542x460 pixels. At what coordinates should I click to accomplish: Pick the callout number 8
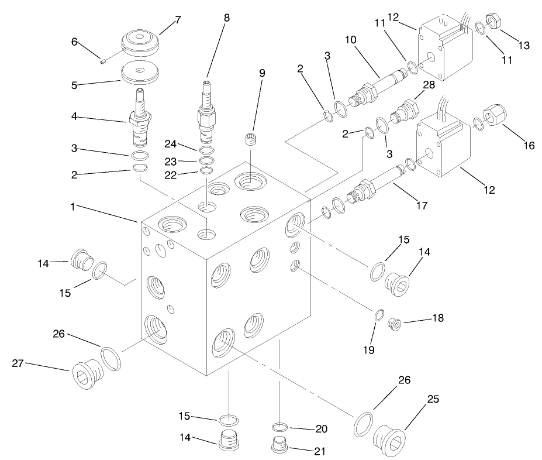[x=226, y=18]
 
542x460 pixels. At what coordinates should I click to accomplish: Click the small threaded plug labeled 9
[x=250, y=140]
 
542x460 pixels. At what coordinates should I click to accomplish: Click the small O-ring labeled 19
[x=379, y=315]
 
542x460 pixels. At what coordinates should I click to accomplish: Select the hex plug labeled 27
[x=86, y=373]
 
